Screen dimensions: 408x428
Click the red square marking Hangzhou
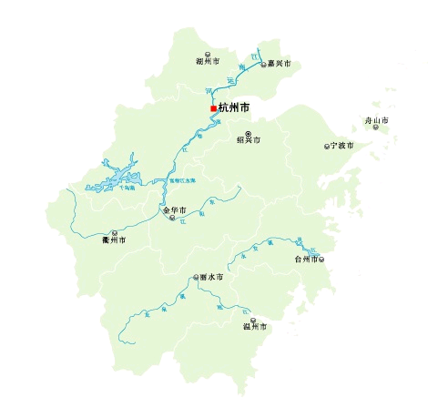tap(213, 108)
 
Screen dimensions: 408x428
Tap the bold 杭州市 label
tap(234, 107)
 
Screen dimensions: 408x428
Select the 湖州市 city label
tap(209, 62)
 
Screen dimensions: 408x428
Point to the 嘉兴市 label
tap(280, 64)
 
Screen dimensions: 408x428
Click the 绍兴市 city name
tap(248, 140)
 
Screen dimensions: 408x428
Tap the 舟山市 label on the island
tap(376, 120)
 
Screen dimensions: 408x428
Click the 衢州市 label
tap(115, 241)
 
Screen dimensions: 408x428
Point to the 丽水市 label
tap(211, 276)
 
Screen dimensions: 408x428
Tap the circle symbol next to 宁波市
tap(327, 146)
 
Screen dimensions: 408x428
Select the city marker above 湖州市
tap(209, 54)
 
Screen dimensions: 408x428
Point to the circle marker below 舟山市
tap(375, 128)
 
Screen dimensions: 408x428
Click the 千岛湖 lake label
tap(127, 188)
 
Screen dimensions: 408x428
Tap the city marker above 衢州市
tap(114, 233)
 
